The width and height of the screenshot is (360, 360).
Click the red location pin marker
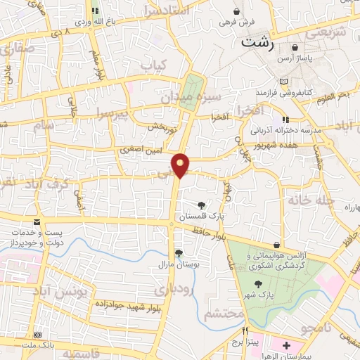(181, 165)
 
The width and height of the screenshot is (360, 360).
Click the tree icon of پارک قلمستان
(202, 204)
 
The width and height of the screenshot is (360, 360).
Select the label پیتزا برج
(247, 342)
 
